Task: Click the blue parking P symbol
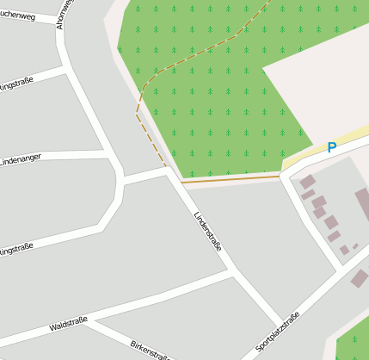click(331, 147)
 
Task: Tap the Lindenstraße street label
click(209, 231)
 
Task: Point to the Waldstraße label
click(69, 325)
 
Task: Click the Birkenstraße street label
click(150, 350)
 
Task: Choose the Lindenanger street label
click(22, 160)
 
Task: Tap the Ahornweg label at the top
click(64, 14)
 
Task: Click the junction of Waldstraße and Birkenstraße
click(87, 323)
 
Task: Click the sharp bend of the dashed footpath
click(137, 111)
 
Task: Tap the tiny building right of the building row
click(354, 246)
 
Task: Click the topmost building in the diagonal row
click(307, 182)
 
